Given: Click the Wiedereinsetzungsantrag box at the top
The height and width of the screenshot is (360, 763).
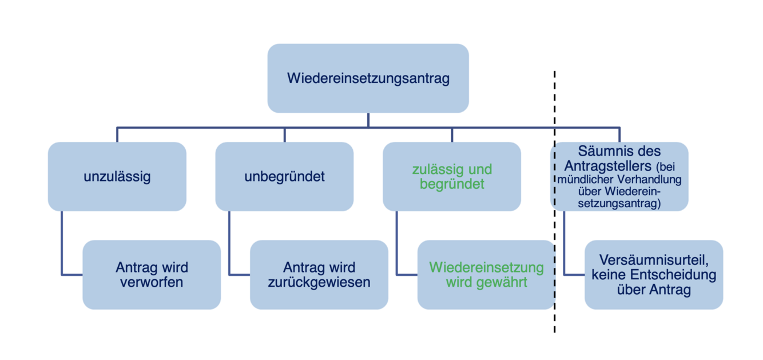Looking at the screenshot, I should (368, 78).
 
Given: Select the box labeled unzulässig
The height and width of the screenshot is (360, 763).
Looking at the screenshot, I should (117, 176).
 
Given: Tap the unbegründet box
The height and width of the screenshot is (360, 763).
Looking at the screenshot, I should (284, 176).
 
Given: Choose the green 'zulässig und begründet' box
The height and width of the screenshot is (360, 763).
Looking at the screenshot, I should (452, 176).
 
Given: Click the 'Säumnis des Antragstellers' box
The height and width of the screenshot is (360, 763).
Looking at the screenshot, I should (619, 176).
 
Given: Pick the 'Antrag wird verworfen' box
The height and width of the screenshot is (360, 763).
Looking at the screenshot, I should (152, 275).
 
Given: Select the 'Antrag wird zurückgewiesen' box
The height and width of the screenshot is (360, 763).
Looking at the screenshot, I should (319, 275).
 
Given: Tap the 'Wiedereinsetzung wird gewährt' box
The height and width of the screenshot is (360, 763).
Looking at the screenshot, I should (486, 275).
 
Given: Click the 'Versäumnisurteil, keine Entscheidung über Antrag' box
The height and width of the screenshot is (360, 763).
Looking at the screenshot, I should (654, 275).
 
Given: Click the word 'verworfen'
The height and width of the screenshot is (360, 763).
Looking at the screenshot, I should (152, 282).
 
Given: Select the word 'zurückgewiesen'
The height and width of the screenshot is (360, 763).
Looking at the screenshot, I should (319, 282).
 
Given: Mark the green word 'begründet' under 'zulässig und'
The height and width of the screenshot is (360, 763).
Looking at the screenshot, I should (452, 184).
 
